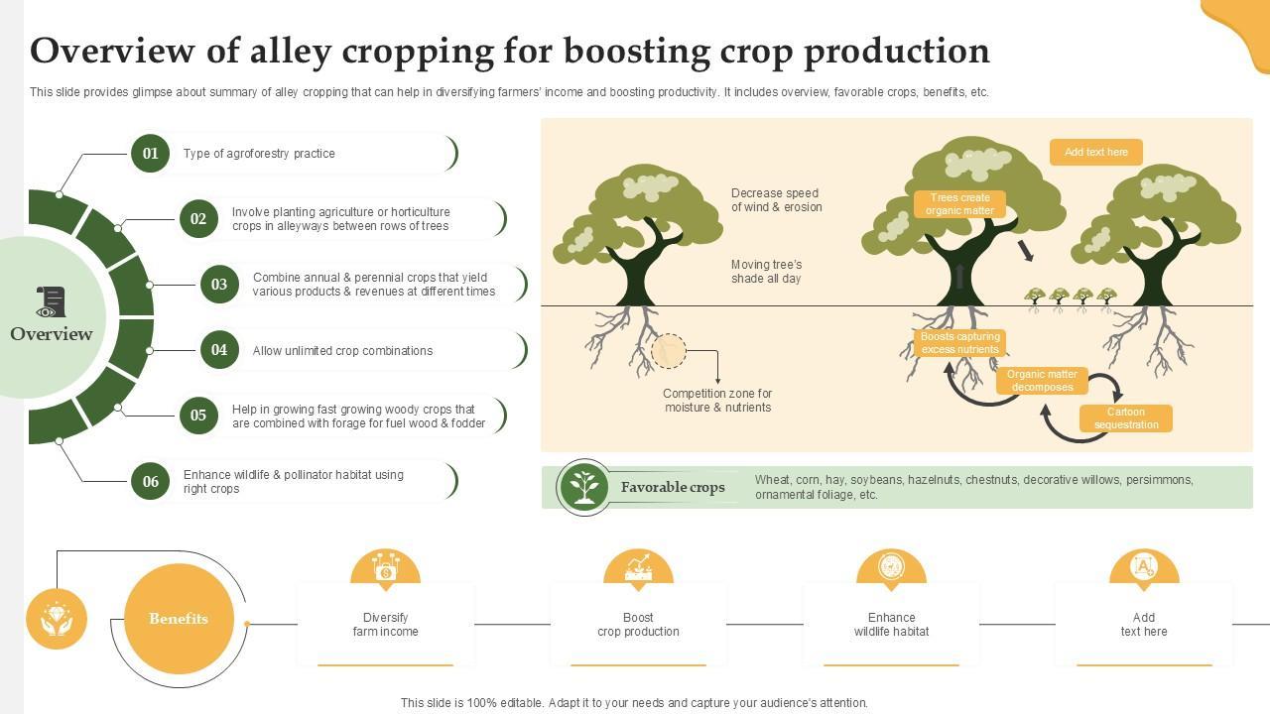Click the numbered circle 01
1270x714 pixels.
click(x=150, y=154)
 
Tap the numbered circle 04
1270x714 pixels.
click(x=219, y=350)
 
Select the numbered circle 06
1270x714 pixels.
click(x=150, y=482)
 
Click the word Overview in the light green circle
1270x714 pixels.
click(x=52, y=334)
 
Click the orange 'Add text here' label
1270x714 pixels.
click(x=1095, y=153)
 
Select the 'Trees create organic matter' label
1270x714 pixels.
click(x=959, y=204)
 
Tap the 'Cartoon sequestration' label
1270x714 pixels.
click(x=1125, y=418)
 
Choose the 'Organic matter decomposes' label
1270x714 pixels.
click(x=1042, y=381)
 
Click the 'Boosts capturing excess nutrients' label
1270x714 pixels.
click(x=959, y=343)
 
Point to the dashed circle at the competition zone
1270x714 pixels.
click(x=669, y=351)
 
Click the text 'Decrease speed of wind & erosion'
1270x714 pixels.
click(x=776, y=200)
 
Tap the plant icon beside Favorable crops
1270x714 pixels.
click(x=584, y=487)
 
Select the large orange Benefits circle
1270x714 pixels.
click(x=179, y=619)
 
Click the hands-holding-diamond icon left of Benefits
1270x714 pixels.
click(x=57, y=619)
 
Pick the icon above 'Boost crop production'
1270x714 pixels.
click(x=638, y=568)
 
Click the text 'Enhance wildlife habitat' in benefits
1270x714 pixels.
click(x=891, y=625)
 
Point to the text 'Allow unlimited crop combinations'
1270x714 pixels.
click(x=342, y=351)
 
